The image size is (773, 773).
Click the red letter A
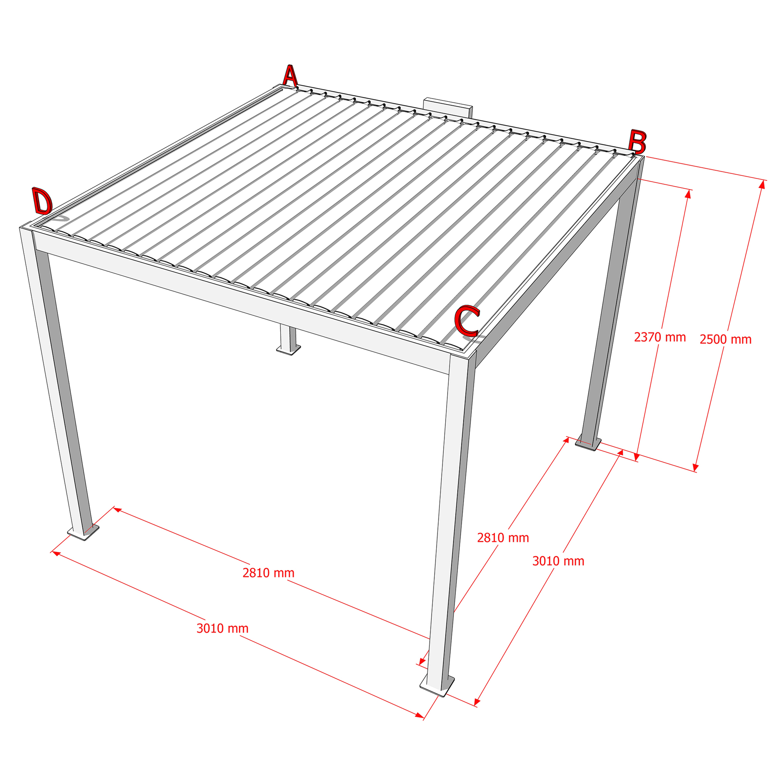click(x=291, y=76)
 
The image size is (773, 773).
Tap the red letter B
click(x=637, y=141)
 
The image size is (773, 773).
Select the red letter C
click(x=467, y=320)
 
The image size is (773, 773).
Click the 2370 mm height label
click(x=660, y=337)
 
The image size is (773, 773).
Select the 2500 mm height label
click(x=725, y=339)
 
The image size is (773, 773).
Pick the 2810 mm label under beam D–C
click(x=269, y=572)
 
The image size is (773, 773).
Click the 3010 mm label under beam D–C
click(x=223, y=628)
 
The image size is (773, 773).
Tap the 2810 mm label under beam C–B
click(x=503, y=538)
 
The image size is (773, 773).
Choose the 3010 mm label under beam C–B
click(x=558, y=561)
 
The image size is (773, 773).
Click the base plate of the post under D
click(x=83, y=533)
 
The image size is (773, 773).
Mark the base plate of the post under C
click(x=437, y=686)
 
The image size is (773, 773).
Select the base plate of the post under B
click(x=588, y=444)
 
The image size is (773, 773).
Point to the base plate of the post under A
click(x=288, y=350)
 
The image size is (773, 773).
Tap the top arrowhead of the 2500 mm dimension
click(x=761, y=184)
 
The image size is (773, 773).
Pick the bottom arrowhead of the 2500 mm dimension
click(x=695, y=467)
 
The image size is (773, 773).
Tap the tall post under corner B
click(x=612, y=304)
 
